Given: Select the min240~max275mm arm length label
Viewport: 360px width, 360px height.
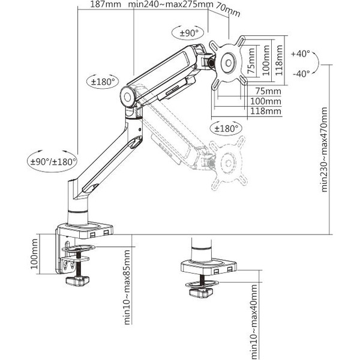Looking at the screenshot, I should click(x=171, y=5).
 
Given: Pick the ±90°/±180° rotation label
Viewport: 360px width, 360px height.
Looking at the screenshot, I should click(x=53, y=161).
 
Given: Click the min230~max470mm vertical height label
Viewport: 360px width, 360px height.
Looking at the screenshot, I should click(x=325, y=149).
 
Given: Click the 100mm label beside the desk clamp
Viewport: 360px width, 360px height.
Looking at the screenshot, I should click(x=34, y=256).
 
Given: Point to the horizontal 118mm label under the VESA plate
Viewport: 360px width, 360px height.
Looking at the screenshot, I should click(x=266, y=111).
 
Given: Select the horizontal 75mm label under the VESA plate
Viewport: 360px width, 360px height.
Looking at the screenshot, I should click(x=268, y=91).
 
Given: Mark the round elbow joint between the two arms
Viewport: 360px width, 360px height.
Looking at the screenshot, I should click(x=129, y=96).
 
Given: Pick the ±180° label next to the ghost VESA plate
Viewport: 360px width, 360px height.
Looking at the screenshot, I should click(x=226, y=128).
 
